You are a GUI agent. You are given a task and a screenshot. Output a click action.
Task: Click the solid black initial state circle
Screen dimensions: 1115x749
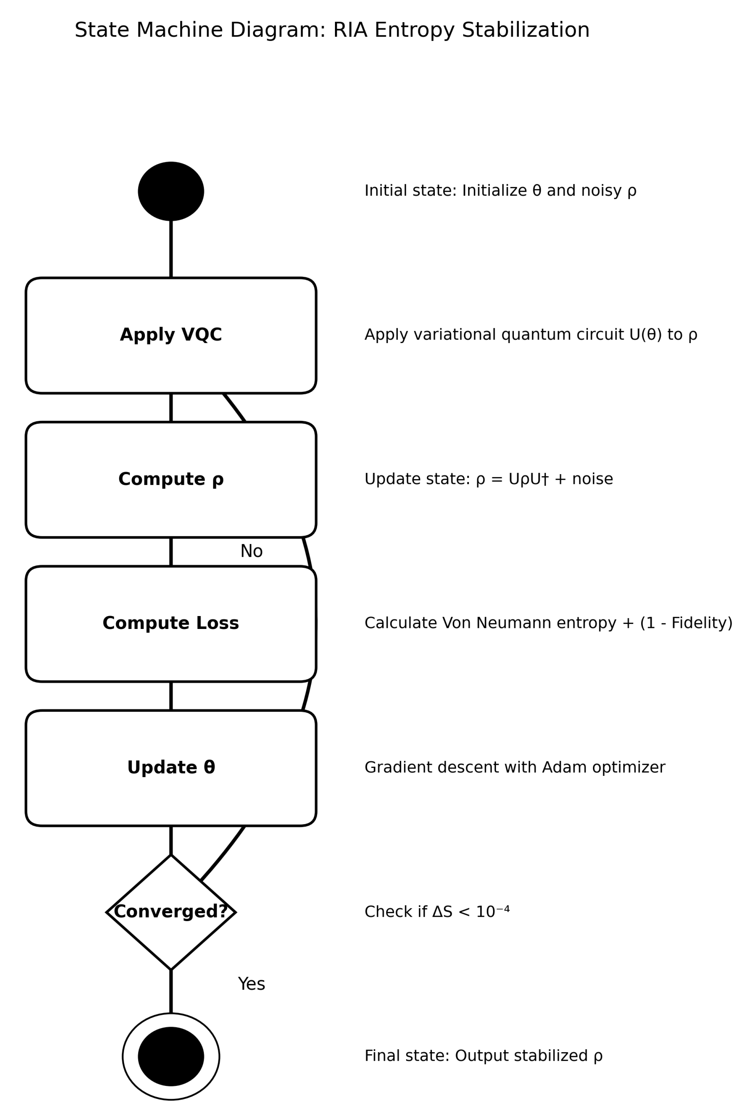[171, 191]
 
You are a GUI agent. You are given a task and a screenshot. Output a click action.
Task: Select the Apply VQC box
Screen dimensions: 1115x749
[171, 335]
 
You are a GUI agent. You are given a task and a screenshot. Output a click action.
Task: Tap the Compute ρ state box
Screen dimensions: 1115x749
[171, 479]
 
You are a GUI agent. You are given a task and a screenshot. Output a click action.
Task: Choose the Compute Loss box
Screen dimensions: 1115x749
[171, 623]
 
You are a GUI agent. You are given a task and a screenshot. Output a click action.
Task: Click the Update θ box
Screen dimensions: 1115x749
[171, 768]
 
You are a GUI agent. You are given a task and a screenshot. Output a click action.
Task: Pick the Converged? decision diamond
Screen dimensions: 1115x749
[171, 912]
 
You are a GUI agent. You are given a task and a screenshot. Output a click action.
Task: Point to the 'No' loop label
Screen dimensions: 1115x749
[251, 551]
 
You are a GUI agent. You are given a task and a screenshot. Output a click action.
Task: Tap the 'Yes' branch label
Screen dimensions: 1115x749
[251, 984]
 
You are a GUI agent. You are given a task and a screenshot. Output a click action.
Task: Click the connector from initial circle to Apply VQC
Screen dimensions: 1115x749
[171, 248]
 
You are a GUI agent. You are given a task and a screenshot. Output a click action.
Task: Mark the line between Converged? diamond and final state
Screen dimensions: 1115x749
[171, 992]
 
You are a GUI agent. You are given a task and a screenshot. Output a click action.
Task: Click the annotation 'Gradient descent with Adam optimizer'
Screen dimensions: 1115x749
[515, 768]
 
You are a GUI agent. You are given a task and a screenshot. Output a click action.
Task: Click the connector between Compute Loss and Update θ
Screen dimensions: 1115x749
[171, 696]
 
